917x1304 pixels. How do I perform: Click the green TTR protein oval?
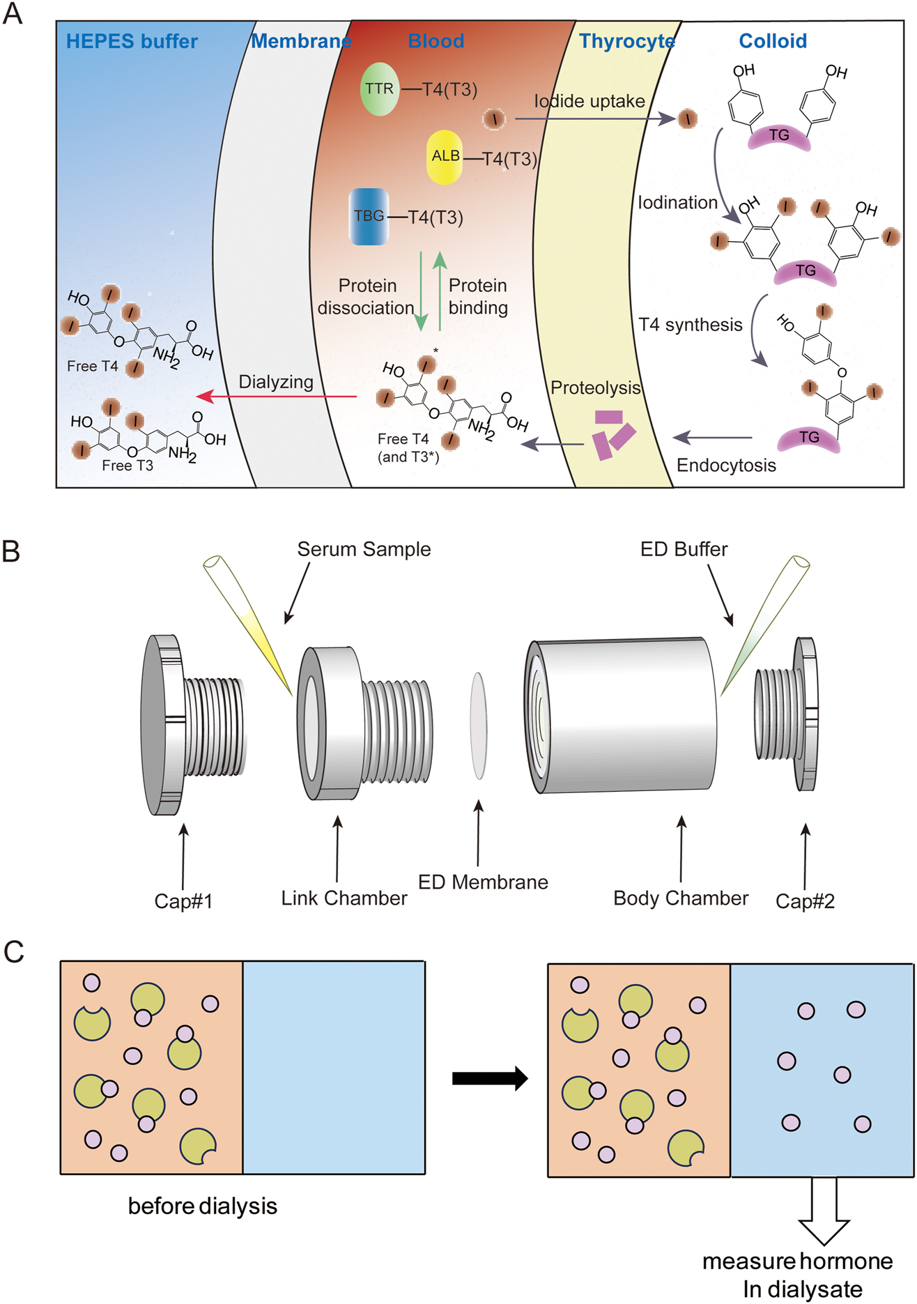pyautogui.click(x=380, y=89)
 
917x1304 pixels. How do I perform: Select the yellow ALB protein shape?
pyautogui.click(x=445, y=157)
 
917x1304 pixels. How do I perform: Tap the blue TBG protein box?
pyautogui.click(x=369, y=216)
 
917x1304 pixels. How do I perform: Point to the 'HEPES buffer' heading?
pyautogui.click(x=132, y=41)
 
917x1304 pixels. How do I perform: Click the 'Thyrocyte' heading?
pyautogui.click(x=627, y=41)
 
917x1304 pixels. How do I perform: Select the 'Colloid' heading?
pyautogui.click(x=773, y=41)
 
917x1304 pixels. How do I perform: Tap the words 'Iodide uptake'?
pyautogui.click(x=589, y=102)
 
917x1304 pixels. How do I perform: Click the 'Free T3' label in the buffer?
pyautogui.click(x=128, y=466)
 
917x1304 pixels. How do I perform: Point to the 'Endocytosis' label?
pyautogui.click(x=726, y=466)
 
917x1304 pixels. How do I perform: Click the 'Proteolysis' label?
pyautogui.click(x=595, y=388)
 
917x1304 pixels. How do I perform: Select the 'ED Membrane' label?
pyautogui.click(x=483, y=882)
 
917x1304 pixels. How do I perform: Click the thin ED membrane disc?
pyautogui.click(x=479, y=725)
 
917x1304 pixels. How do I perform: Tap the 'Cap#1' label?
pyautogui.click(x=183, y=901)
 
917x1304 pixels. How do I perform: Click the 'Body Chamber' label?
pyautogui.click(x=681, y=898)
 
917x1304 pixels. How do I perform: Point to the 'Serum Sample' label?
pyautogui.click(x=364, y=549)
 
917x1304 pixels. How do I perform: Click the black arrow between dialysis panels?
pyautogui.click(x=490, y=1078)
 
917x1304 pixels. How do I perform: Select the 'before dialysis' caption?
pyautogui.click(x=203, y=1206)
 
